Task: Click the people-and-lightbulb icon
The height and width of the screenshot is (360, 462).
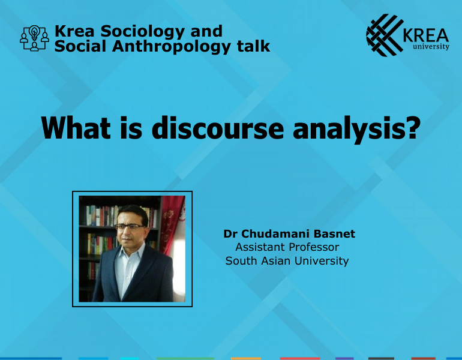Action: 34,38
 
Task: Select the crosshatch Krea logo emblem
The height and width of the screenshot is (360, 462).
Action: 385,35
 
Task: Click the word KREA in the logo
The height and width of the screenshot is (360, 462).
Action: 427,34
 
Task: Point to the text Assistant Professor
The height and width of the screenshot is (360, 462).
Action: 287,247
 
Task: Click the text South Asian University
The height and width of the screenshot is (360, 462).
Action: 287,261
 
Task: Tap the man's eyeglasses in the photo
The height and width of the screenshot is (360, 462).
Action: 129,227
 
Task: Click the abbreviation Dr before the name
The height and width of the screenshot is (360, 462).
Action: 230,233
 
